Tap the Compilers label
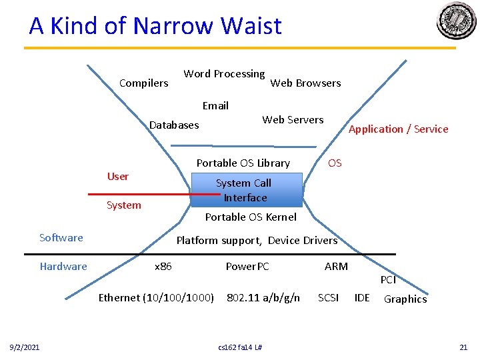coord(143,83)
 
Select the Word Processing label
coord(224,74)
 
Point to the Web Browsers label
coord(305,83)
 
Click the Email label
coord(215,106)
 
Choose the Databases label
coord(174,125)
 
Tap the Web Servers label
coord(293,120)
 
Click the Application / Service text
coord(399,129)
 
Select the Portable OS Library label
coord(243,163)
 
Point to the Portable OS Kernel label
coord(251,217)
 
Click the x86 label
coord(163,267)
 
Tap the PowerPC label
coord(247,267)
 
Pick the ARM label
coord(336,267)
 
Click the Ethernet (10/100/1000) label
coord(156,298)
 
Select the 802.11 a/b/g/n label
coord(263,298)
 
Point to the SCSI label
coord(328,298)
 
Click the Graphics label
coord(405,299)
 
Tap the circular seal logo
coord(457,21)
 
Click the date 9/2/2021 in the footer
coord(24,347)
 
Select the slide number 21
coord(463,347)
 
